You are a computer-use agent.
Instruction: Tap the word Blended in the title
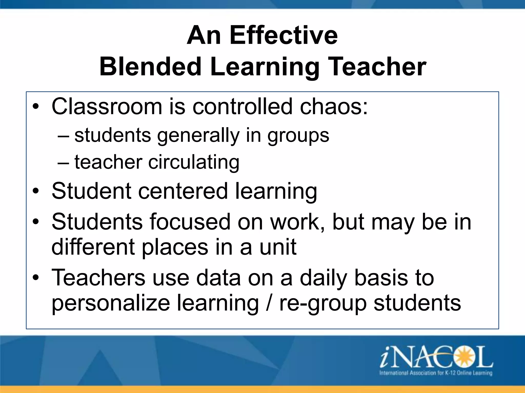point(150,67)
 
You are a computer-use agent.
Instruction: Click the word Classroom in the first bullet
point(107,106)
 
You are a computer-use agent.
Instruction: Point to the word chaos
point(334,106)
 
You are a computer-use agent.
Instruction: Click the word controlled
point(242,106)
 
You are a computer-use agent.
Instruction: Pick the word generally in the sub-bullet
point(198,136)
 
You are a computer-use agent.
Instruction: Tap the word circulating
point(194,162)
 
